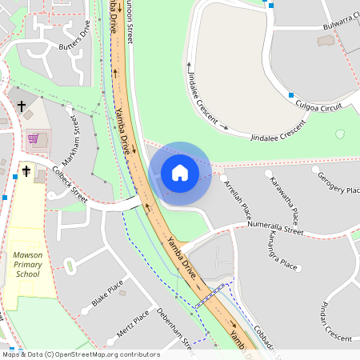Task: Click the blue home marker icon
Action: tap(180, 172)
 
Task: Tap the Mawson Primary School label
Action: tap(27, 264)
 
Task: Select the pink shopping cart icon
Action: tap(33, 138)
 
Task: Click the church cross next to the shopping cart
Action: tap(22, 106)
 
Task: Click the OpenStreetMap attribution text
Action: tap(80, 354)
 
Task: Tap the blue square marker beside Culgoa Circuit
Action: tap(291, 94)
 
